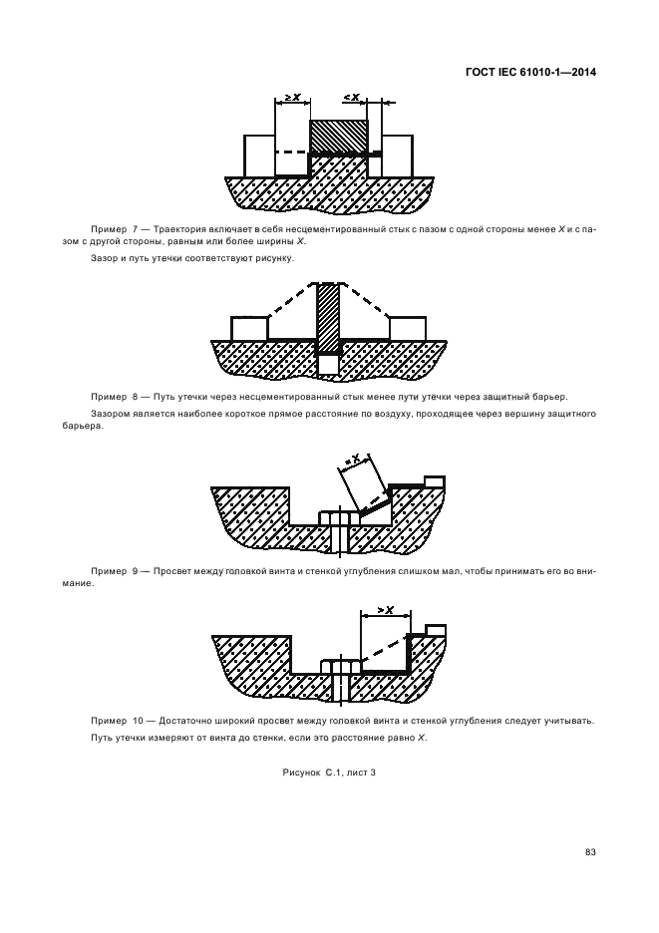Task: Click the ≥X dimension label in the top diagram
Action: point(293,97)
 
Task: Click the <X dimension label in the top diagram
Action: point(351,97)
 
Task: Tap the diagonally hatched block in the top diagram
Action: point(339,135)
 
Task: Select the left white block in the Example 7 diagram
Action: point(259,155)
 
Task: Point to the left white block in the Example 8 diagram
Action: point(249,328)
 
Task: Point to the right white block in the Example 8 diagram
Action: point(408,328)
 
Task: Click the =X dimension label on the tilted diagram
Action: point(351,459)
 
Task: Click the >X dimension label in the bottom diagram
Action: point(385,610)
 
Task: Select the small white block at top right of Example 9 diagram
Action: point(434,481)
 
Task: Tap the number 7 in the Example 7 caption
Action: point(136,229)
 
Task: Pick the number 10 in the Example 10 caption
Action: point(138,721)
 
